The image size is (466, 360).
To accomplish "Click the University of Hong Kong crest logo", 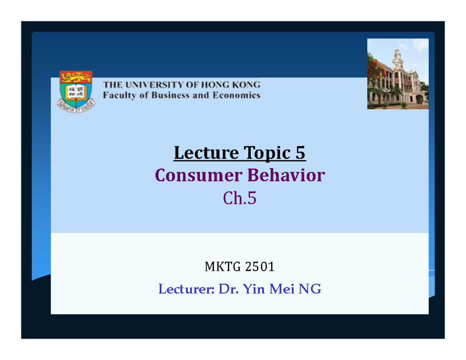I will (75, 89).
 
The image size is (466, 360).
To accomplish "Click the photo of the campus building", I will (398, 74).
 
